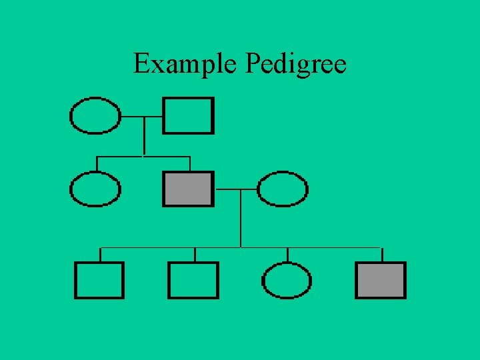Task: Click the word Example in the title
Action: click(x=186, y=64)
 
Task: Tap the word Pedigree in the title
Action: click(x=296, y=65)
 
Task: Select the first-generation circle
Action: click(x=95, y=116)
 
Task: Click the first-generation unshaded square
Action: click(x=189, y=116)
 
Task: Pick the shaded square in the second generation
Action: click(x=189, y=189)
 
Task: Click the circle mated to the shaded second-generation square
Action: click(x=283, y=189)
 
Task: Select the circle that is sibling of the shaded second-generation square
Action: click(x=95, y=189)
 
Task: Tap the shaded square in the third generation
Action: click(x=381, y=280)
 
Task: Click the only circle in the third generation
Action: click(x=287, y=280)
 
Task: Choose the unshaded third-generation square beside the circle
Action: click(x=193, y=280)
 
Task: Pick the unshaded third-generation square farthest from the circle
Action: click(x=99, y=280)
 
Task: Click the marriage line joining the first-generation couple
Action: click(x=142, y=116)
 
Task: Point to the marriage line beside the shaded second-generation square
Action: click(x=235, y=189)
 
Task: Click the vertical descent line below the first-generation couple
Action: click(x=143, y=137)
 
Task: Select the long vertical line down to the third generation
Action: click(x=240, y=220)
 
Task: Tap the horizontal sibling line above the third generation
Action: click(x=167, y=248)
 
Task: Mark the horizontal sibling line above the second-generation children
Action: click(x=120, y=157)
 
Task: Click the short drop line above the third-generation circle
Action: click(x=287, y=255)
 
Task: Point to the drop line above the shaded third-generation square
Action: click(x=381, y=255)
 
